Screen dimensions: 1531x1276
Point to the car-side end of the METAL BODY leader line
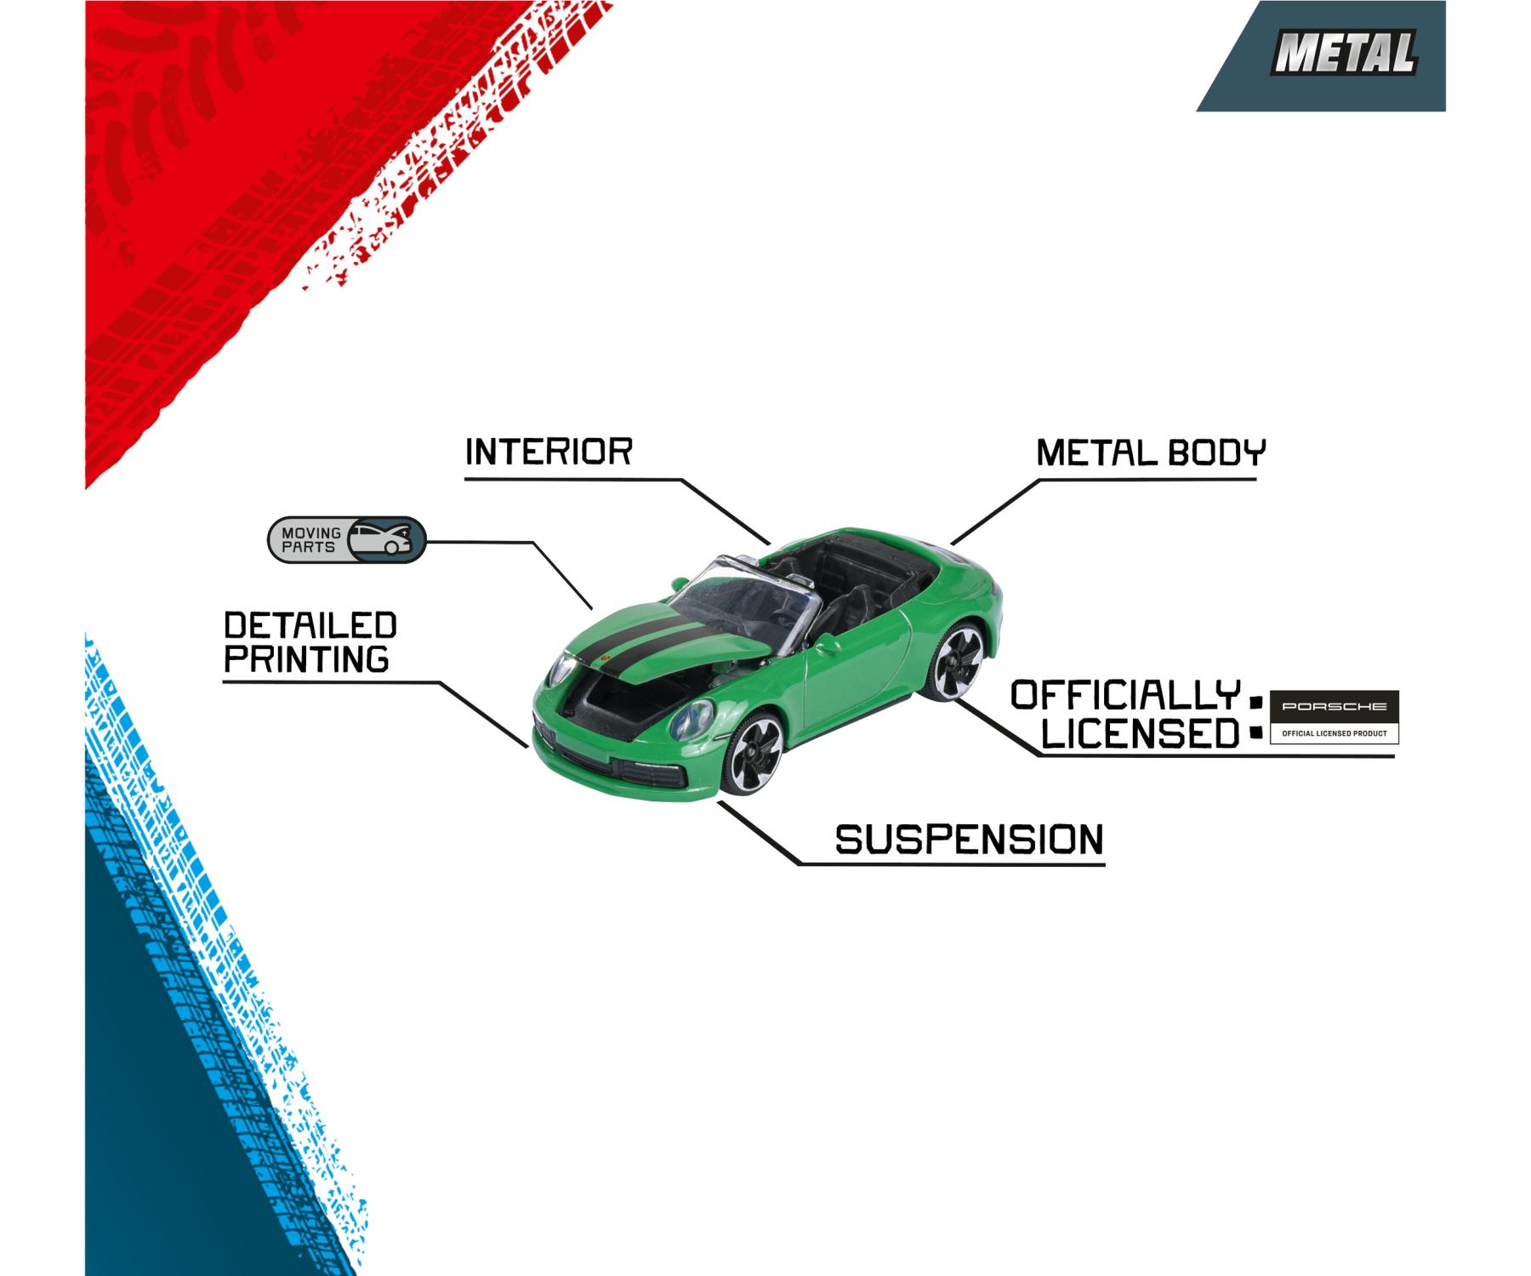pyautogui.click(x=952, y=543)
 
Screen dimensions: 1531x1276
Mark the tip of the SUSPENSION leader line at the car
pyautogui.click(x=719, y=802)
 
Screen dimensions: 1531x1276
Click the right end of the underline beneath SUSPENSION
pyautogui.click(x=1105, y=865)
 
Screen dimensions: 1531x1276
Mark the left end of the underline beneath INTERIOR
pyautogui.click(x=465, y=479)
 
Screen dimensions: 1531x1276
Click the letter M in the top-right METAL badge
pyautogui.click(x=1289, y=54)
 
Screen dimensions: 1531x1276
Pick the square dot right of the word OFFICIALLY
pyautogui.click(x=1255, y=703)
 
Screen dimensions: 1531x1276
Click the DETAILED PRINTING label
pyautogui.click(x=310, y=642)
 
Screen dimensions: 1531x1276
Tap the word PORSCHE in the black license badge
pyautogui.click(x=1334, y=707)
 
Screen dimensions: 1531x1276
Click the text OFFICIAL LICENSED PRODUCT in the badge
pyautogui.click(x=1334, y=733)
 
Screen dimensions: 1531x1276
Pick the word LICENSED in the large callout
pyautogui.click(x=1141, y=733)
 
